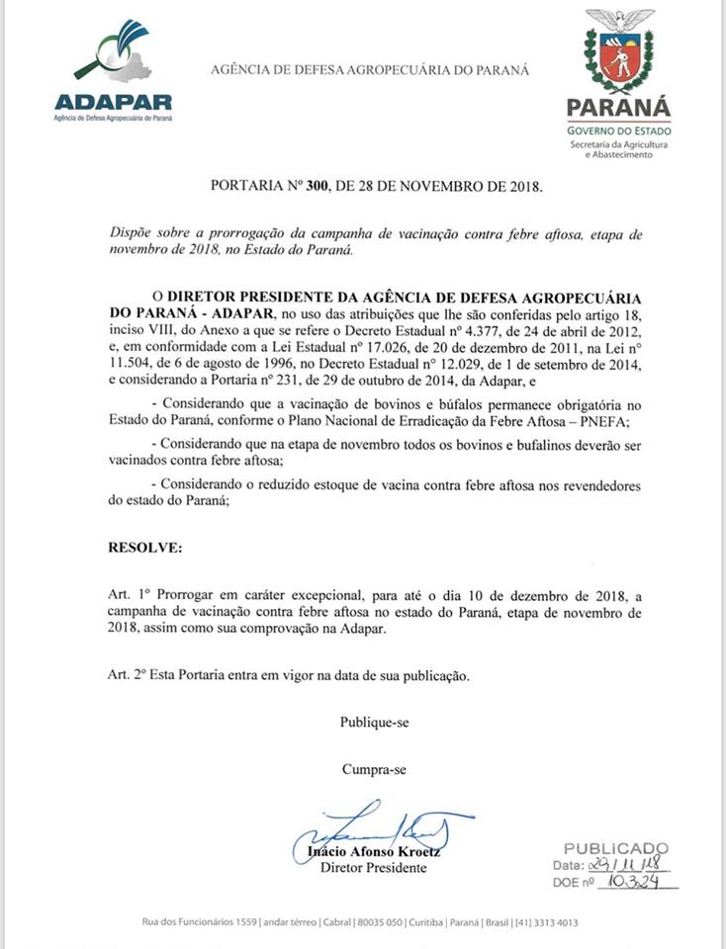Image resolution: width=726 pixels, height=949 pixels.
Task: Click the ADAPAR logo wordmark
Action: tap(113, 102)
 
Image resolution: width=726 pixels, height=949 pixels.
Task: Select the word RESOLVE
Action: tap(144, 547)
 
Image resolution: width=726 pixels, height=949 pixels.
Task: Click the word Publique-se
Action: tap(375, 723)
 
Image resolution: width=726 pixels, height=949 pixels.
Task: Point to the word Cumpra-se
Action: tap(374, 769)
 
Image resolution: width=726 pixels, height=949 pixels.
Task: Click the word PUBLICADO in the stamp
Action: tap(616, 848)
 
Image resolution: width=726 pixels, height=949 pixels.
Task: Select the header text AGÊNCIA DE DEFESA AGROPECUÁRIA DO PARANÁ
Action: tap(370, 70)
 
